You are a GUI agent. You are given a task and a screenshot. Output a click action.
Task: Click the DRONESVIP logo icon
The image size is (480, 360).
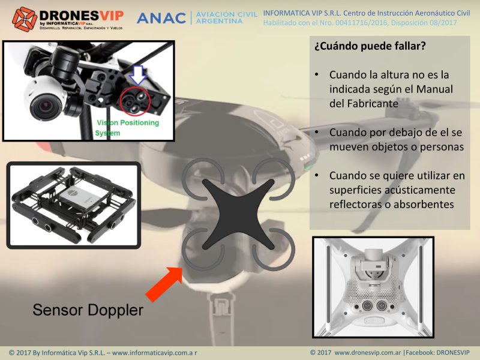coord(25,19)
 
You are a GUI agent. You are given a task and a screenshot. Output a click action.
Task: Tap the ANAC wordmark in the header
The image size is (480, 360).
coord(161,19)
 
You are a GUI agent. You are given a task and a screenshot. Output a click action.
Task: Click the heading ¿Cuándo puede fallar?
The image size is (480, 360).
coord(370,46)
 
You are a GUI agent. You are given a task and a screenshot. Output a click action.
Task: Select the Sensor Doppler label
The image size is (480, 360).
coord(88,310)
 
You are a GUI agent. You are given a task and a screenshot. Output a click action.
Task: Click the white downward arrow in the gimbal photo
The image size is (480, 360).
coord(138,74)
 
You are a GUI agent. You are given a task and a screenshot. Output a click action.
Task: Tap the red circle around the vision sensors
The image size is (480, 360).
coord(135,102)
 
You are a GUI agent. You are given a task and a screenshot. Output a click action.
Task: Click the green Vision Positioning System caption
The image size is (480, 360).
coord(127,128)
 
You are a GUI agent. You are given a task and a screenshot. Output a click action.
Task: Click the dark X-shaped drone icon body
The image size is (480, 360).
coord(238,214)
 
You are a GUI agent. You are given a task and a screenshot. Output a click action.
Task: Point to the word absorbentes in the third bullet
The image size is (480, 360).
coord(424,204)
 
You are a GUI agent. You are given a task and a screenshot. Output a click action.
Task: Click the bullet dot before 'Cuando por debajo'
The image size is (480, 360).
coord(317,132)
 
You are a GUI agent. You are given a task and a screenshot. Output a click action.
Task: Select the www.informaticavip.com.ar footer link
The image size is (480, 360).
coord(155,353)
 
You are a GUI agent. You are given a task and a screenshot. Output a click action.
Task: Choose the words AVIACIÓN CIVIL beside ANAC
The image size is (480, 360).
coord(226,14)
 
